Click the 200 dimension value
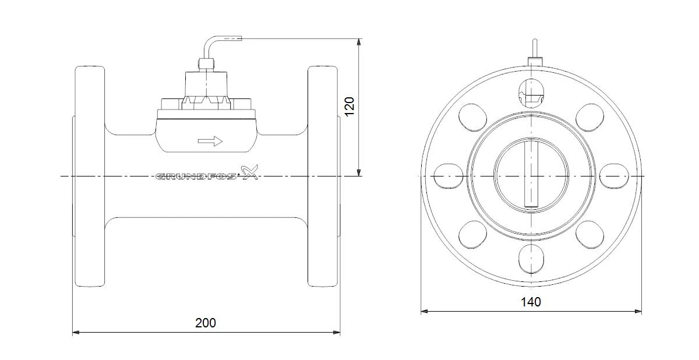[x=205, y=323]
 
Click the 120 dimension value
[x=349, y=107]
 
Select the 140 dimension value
[x=531, y=302]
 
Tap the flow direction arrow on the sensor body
[x=210, y=142]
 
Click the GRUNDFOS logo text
[x=196, y=177]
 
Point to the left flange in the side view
[x=90, y=177]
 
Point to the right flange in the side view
[x=323, y=177]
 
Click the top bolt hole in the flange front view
[x=531, y=93]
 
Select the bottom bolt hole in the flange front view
[x=531, y=259]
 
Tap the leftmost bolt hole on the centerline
[x=449, y=177]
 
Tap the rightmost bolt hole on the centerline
[x=614, y=177]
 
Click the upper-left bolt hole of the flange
[x=472, y=117]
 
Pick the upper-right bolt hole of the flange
[x=589, y=117]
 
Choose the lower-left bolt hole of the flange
[x=472, y=235]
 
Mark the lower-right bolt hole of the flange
[x=589, y=235]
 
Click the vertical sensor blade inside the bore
[x=531, y=174]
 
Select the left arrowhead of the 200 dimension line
[x=76, y=333]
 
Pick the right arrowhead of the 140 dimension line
[x=638, y=311]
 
